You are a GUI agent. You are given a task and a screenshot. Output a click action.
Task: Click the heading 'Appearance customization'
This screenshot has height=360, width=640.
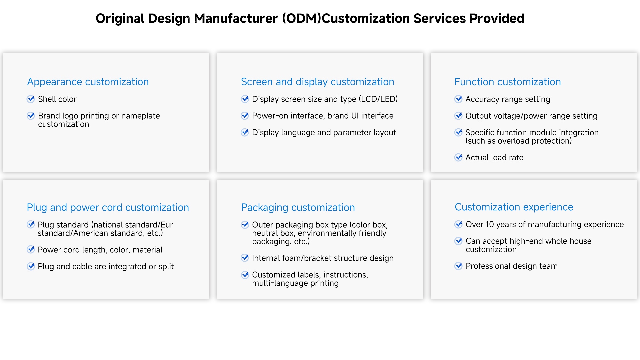88,82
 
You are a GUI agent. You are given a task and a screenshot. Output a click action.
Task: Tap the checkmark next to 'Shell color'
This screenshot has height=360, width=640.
31,99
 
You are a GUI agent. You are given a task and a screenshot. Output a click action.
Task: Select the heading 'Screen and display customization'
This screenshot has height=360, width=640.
318,82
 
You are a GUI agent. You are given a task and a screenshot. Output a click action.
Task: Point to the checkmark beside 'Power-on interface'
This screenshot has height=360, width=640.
245,116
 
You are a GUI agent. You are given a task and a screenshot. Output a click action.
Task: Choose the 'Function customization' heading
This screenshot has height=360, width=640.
508,82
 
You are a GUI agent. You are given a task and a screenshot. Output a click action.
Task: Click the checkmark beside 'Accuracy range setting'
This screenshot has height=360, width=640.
459,99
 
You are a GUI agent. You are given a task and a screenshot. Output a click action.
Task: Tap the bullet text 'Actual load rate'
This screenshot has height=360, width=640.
494,158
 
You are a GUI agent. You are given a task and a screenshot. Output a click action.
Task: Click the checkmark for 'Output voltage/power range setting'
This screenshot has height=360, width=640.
459,116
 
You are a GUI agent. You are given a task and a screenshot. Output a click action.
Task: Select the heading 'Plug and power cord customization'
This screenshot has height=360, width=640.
108,208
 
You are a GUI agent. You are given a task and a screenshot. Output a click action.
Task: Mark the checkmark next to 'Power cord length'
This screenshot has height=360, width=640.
31,249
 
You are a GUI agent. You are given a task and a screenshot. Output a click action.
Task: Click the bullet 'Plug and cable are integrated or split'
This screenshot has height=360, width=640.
106,267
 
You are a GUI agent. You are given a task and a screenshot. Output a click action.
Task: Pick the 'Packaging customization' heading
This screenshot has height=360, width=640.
298,208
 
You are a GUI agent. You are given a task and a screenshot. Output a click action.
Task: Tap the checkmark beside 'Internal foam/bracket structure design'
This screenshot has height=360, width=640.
245,258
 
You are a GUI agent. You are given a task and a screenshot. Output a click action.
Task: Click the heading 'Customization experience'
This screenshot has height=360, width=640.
514,207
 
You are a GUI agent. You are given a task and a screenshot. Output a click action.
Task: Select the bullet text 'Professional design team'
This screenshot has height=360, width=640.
512,266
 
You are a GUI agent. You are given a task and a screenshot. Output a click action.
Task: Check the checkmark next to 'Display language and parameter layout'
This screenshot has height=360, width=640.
245,132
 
